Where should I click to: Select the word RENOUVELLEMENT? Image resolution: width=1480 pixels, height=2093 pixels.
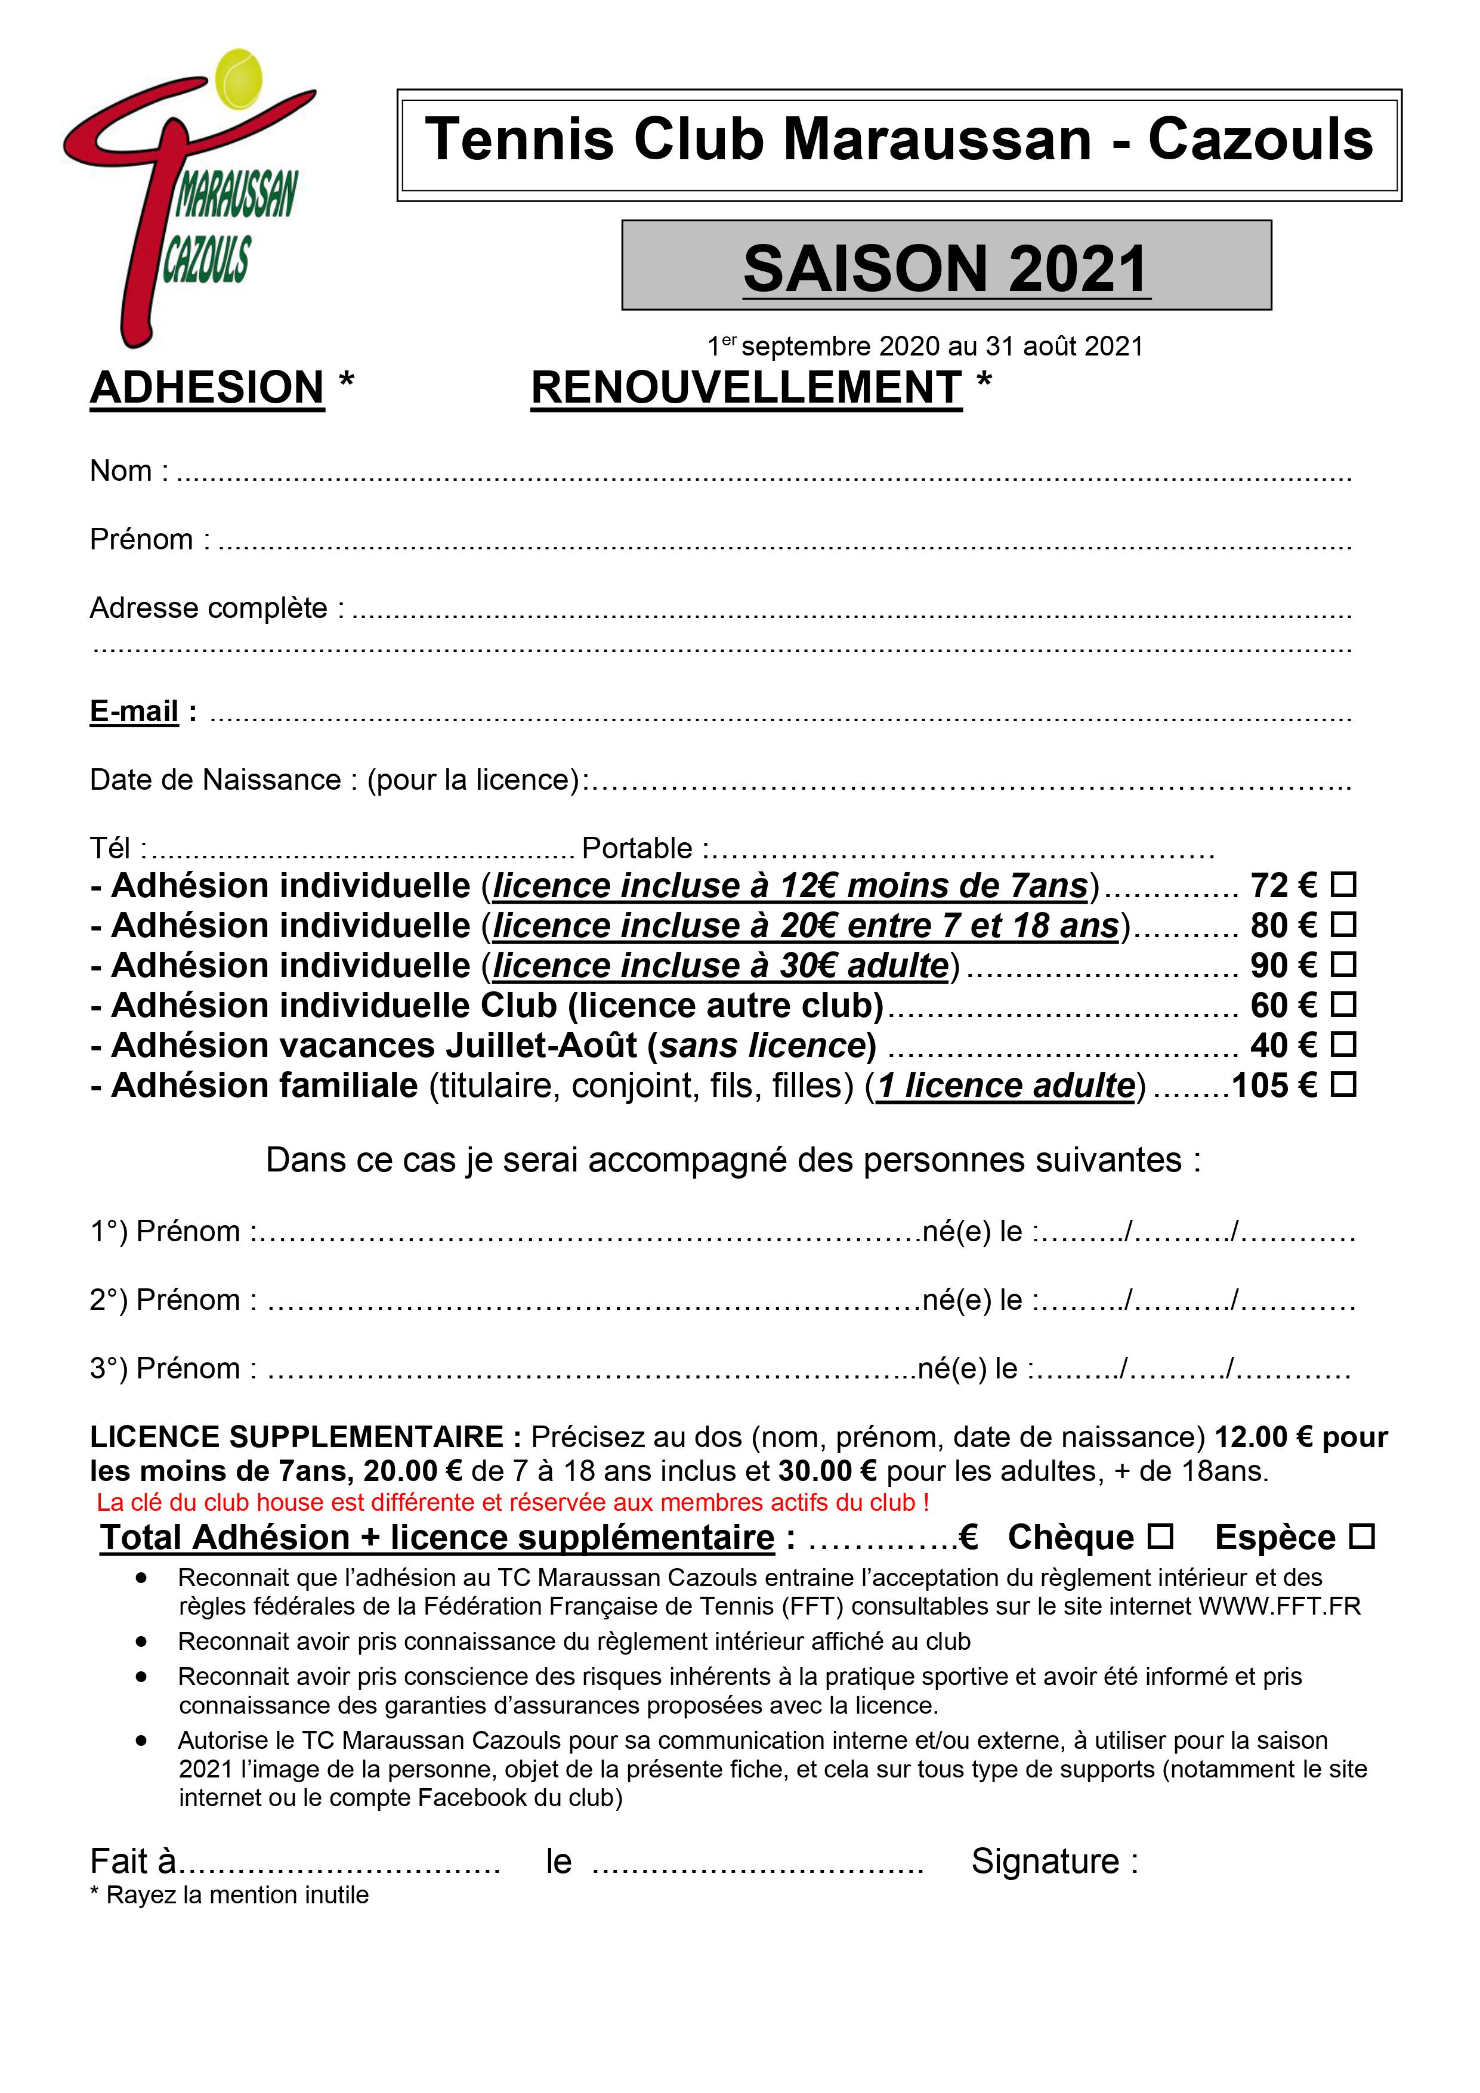coord(746,388)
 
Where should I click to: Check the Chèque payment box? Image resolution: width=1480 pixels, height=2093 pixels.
coord(1160,1537)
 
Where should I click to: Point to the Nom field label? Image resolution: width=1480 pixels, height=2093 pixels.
coord(120,471)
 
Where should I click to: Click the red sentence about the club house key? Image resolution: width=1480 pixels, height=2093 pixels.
coord(512,1502)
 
